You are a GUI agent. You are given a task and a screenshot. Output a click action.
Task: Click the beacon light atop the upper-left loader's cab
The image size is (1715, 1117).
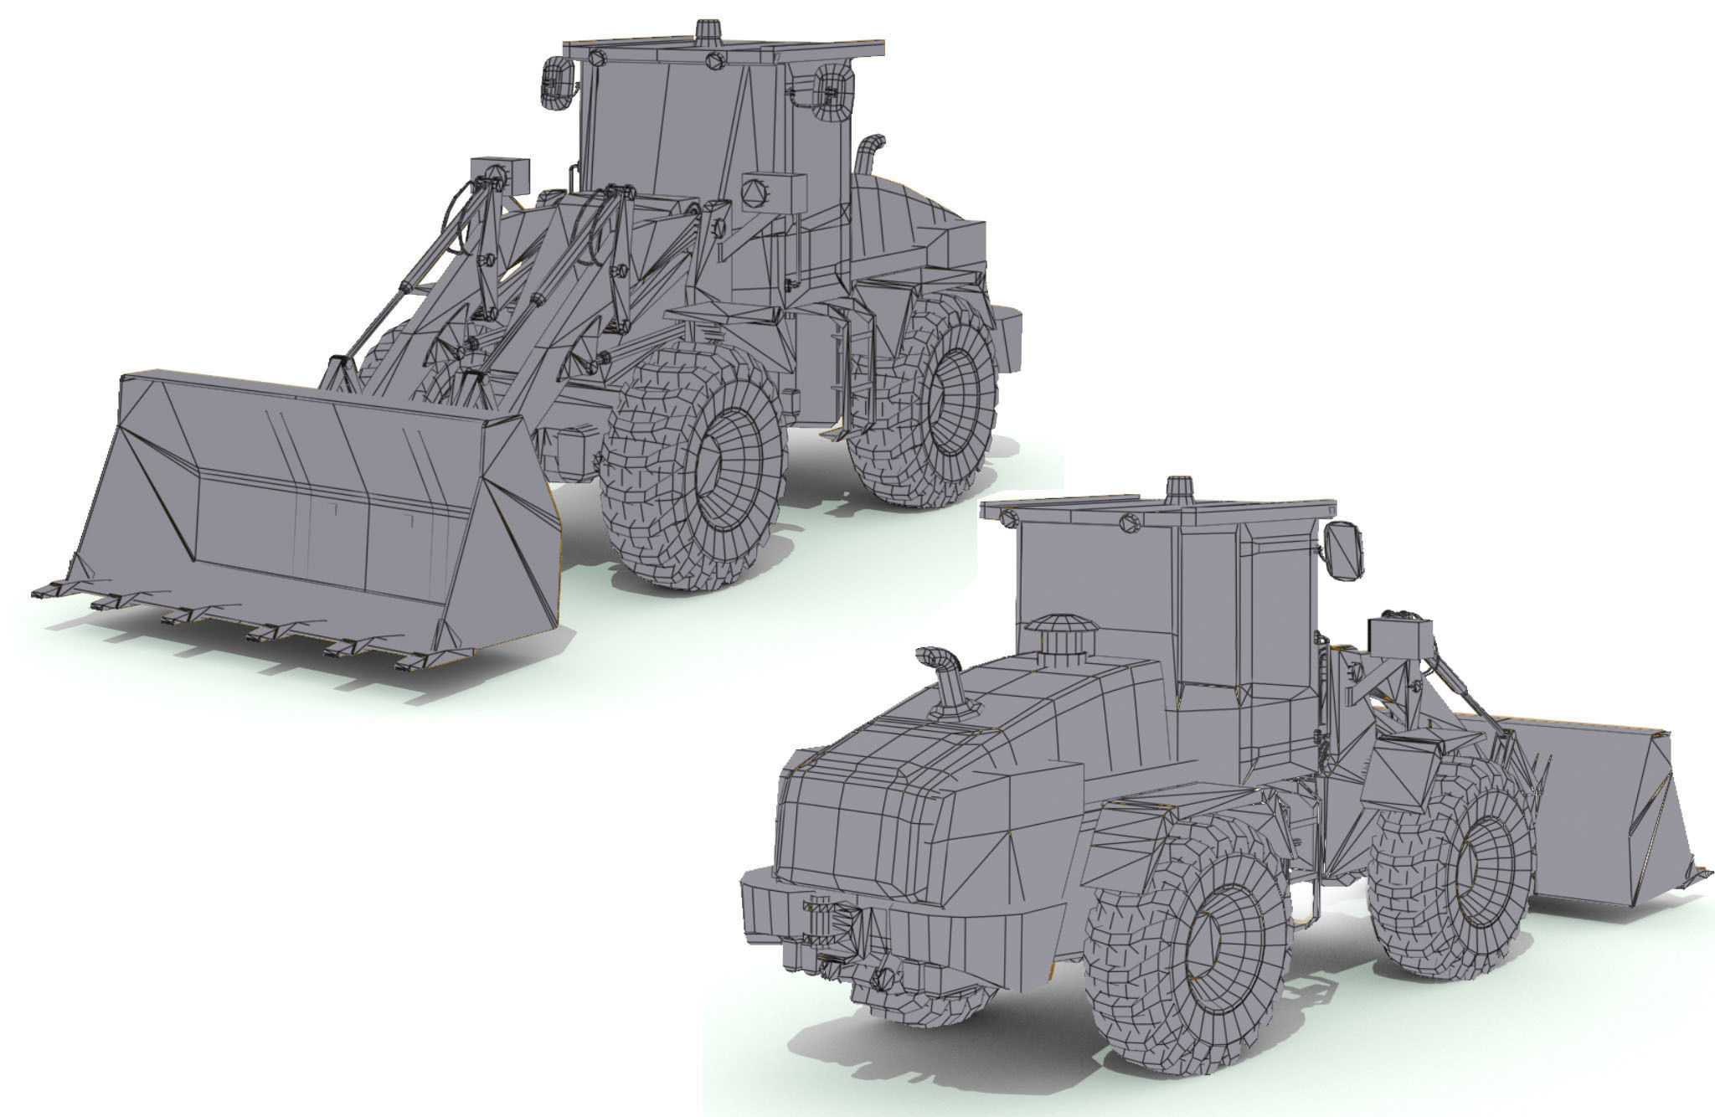[x=708, y=31]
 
